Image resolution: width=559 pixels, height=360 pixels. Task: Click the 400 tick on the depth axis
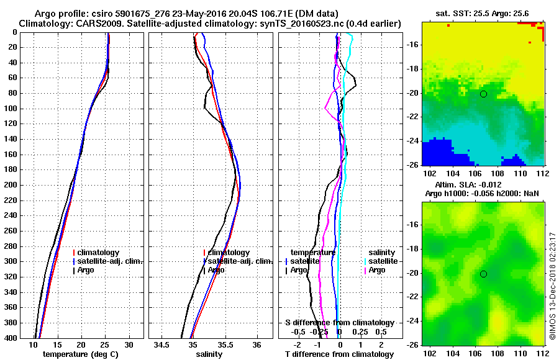[x=10, y=338]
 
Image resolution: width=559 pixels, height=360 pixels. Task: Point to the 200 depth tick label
[x=10, y=185]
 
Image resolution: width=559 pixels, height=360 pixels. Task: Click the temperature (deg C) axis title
[x=80, y=354]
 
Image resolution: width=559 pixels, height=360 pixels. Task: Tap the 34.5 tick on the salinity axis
[x=163, y=344]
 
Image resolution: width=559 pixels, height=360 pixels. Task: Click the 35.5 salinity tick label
[x=224, y=344]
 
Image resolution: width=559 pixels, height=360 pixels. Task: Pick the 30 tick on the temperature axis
[x=129, y=344]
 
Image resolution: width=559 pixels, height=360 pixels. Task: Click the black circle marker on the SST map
[x=483, y=94]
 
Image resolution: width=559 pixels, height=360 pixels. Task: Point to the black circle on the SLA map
[x=483, y=274]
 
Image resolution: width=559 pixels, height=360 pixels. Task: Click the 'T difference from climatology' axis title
[x=339, y=354]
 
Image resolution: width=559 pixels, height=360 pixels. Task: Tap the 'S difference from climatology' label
[x=339, y=323]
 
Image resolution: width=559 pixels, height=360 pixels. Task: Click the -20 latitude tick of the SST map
[x=411, y=93]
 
